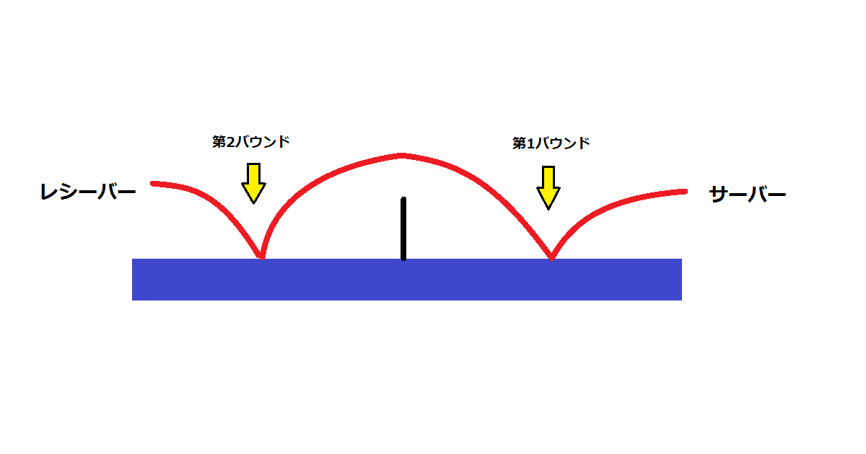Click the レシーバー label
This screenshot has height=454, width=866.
click(88, 192)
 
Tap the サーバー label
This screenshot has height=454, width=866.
click(748, 194)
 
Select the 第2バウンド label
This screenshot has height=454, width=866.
click(251, 142)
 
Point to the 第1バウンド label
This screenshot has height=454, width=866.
click(551, 143)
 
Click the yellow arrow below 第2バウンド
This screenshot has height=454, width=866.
click(253, 183)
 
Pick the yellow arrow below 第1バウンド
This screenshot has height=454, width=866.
click(548, 187)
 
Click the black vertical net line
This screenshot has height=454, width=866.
click(403, 228)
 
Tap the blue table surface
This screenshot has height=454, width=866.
click(407, 280)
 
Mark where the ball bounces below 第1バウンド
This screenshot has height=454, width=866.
click(551, 257)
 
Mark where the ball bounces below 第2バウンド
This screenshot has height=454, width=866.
click(262, 257)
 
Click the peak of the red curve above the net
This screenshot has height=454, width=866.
click(402, 156)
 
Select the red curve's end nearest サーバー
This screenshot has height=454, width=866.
click(685, 192)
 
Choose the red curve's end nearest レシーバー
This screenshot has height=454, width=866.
click(153, 183)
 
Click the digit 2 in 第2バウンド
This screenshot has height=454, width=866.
click(229, 143)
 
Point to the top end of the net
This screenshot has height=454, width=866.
click(403, 199)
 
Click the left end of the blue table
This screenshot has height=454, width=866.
click(133, 280)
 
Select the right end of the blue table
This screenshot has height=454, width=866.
click(681, 280)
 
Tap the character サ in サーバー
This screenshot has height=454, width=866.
click(719, 194)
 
